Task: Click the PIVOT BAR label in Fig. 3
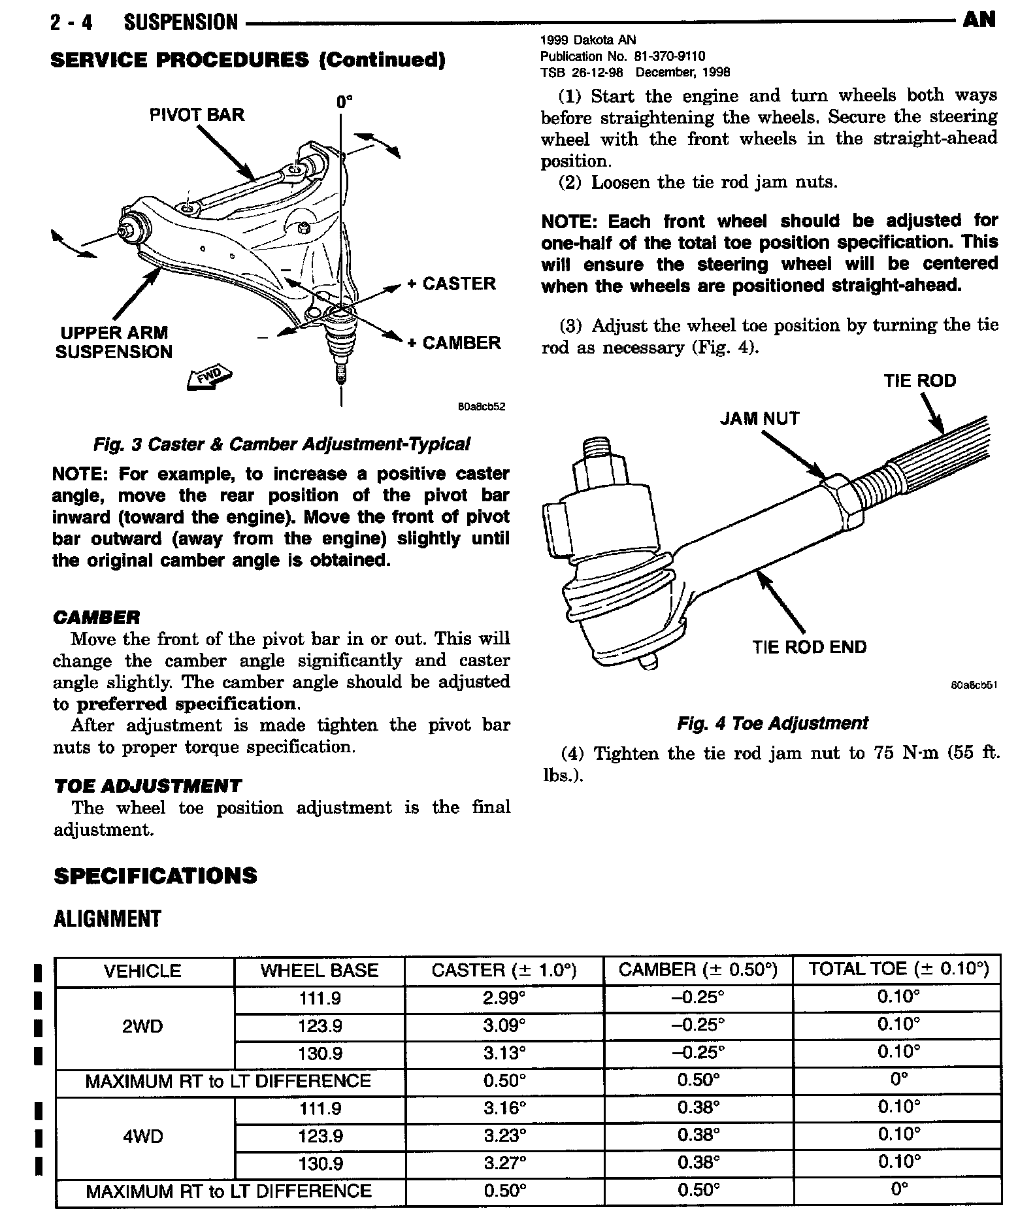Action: pyautogui.click(x=196, y=115)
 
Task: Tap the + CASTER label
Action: pyautogui.click(x=452, y=284)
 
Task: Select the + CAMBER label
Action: pyautogui.click(x=453, y=343)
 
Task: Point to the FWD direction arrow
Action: pyautogui.click(x=210, y=377)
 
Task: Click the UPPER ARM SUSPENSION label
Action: pyautogui.click(x=114, y=342)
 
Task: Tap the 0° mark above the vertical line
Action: pyautogui.click(x=344, y=101)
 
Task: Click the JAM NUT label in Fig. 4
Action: pyautogui.click(x=759, y=418)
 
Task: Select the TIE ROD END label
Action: pyautogui.click(x=809, y=647)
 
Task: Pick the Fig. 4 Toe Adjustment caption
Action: pyautogui.click(x=772, y=723)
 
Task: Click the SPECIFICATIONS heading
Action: pyautogui.click(x=156, y=876)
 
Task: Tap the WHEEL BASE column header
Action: pyautogui.click(x=320, y=970)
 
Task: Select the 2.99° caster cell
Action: pyautogui.click(x=504, y=998)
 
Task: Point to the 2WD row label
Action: pyautogui.click(x=142, y=1026)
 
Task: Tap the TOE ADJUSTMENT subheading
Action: pyautogui.click(x=148, y=786)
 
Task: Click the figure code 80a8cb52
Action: pyautogui.click(x=482, y=407)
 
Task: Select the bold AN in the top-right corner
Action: pyautogui.click(x=979, y=20)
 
